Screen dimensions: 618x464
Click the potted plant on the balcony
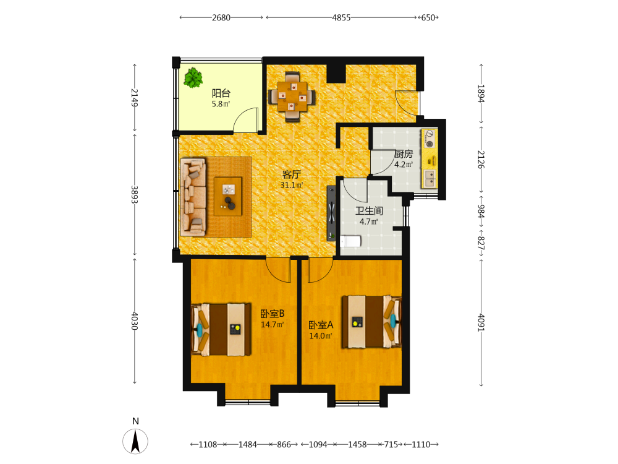click(x=193, y=78)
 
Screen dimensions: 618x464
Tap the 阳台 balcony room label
click(x=221, y=93)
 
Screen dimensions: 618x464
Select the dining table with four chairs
click(x=292, y=97)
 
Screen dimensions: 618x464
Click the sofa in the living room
click(x=193, y=197)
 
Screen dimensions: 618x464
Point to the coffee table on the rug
click(x=228, y=196)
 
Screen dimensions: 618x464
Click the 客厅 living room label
click(x=292, y=174)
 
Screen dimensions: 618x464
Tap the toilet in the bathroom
click(x=350, y=241)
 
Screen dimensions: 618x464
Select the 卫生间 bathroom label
click(x=369, y=211)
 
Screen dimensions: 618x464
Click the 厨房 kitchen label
click(x=404, y=154)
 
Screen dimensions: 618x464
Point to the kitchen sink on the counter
click(x=430, y=179)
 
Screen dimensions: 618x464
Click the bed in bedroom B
click(x=221, y=330)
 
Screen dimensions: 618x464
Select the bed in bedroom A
click(x=371, y=322)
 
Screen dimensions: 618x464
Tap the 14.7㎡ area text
click(x=273, y=324)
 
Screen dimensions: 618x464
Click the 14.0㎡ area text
click(x=320, y=336)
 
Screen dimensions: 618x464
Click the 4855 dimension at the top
click(x=341, y=18)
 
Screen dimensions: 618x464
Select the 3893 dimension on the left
click(x=135, y=194)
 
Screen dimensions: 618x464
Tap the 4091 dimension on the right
click(x=481, y=322)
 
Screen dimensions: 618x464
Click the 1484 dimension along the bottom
click(x=248, y=445)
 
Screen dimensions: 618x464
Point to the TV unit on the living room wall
click(x=331, y=213)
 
